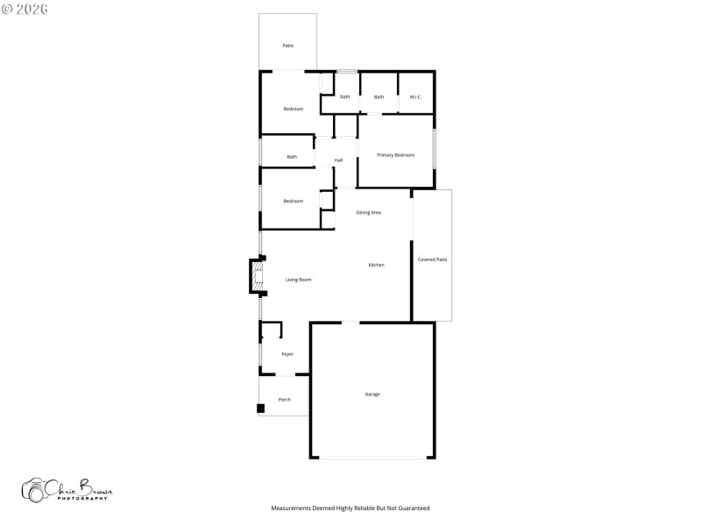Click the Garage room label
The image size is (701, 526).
click(372, 394)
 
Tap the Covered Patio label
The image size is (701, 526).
click(432, 259)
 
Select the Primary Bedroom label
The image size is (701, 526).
click(395, 155)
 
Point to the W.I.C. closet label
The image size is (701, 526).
click(415, 96)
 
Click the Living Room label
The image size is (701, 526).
click(299, 280)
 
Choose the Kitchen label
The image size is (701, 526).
click(376, 265)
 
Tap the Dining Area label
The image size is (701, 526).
click(368, 212)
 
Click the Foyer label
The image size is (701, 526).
click(287, 354)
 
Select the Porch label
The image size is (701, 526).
click(285, 400)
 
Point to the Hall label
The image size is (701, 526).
click(338, 160)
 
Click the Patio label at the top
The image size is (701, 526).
click(287, 46)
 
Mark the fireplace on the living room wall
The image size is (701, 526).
click(256, 276)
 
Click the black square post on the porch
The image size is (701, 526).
click(260, 408)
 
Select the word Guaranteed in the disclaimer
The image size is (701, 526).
click(411, 508)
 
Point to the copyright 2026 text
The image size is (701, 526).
click(25, 8)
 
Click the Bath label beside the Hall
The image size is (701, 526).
click(292, 157)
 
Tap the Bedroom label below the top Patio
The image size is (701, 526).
click(293, 109)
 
